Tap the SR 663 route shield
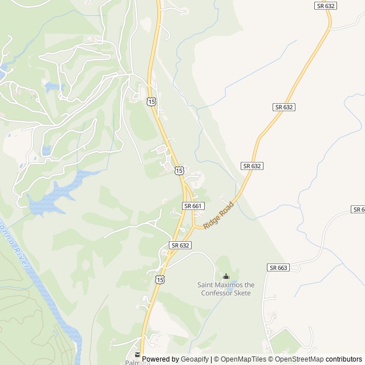tap(278, 267)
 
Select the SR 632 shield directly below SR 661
tap(180, 245)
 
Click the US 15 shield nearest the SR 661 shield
tap(179, 171)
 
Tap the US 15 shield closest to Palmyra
tap(160, 279)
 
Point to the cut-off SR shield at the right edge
tap(359, 209)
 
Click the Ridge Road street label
tap(218, 215)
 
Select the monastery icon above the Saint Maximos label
tap(226, 277)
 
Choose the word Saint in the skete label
tap(206, 285)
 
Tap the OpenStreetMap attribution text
tap(297, 359)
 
